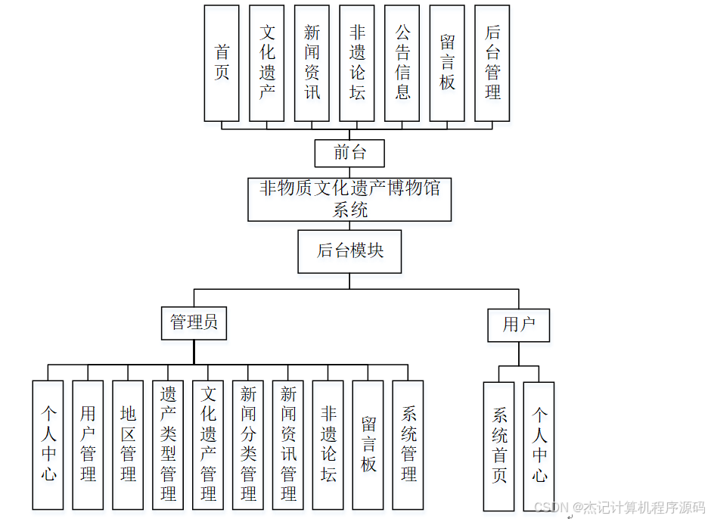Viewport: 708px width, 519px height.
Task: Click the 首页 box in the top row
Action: click(x=222, y=64)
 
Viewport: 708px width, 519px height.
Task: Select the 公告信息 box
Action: click(x=402, y=64)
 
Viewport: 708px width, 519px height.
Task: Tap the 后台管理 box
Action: click(x=492, y=64)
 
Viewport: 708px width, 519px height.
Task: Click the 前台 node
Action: click(x=349, y=153)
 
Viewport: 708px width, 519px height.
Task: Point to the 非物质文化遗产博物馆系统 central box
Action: click(x=349, y=199)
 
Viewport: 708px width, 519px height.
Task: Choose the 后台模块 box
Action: click(x=349, y=251)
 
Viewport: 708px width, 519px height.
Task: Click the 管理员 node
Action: click(x=194, y=322)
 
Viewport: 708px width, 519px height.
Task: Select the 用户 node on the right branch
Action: click(x=518, y=325)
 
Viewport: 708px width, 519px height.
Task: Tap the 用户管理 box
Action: click(x=88, y=445)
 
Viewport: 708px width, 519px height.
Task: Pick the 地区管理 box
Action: click(x=128, y=445)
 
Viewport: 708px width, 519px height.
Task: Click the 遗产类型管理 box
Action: click(x=168, y=445)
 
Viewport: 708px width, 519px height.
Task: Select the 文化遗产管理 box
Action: click(x=208, y=445)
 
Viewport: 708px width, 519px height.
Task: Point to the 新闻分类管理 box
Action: click(x=248, y=445)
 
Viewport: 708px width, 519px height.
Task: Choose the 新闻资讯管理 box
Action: click(x=288, y=445)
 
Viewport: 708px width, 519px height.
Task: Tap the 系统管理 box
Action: click(x=408, y=445)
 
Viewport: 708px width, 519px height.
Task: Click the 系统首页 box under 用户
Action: click(x=499, y=446)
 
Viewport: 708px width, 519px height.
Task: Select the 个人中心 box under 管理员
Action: click(x=48, y=445)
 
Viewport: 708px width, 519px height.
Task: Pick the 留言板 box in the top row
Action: click(x=447, y=64)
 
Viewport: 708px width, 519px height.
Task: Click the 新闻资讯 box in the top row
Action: click(x=312, y=64)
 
